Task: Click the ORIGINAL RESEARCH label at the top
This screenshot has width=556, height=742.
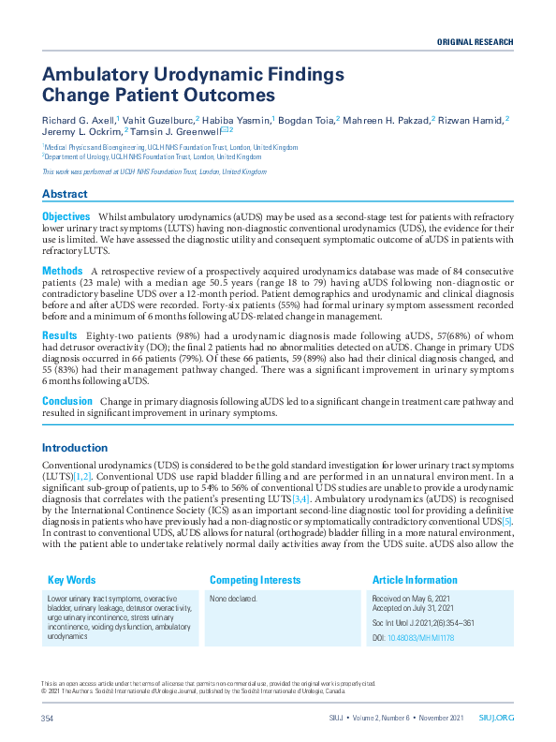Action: tap(475, 43)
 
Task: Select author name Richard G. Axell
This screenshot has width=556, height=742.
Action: tap(78, 120)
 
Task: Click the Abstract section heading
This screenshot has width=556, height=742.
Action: tap(65, 194)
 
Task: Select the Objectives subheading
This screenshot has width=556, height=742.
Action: tap(66, 216)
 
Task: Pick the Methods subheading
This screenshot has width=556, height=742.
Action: tap(63, 271)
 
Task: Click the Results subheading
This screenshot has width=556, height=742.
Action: tap(60, 334)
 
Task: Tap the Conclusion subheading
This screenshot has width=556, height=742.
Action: tap(67, 400)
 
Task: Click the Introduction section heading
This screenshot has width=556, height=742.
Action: tap(75, 448)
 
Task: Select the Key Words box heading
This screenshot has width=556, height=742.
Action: tap(71, 580)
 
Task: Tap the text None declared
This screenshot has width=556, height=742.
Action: tap(233, 599)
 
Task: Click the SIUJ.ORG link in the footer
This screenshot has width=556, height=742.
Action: tap(497, 719)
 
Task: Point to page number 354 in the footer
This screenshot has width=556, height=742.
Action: tap(49, 719)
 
